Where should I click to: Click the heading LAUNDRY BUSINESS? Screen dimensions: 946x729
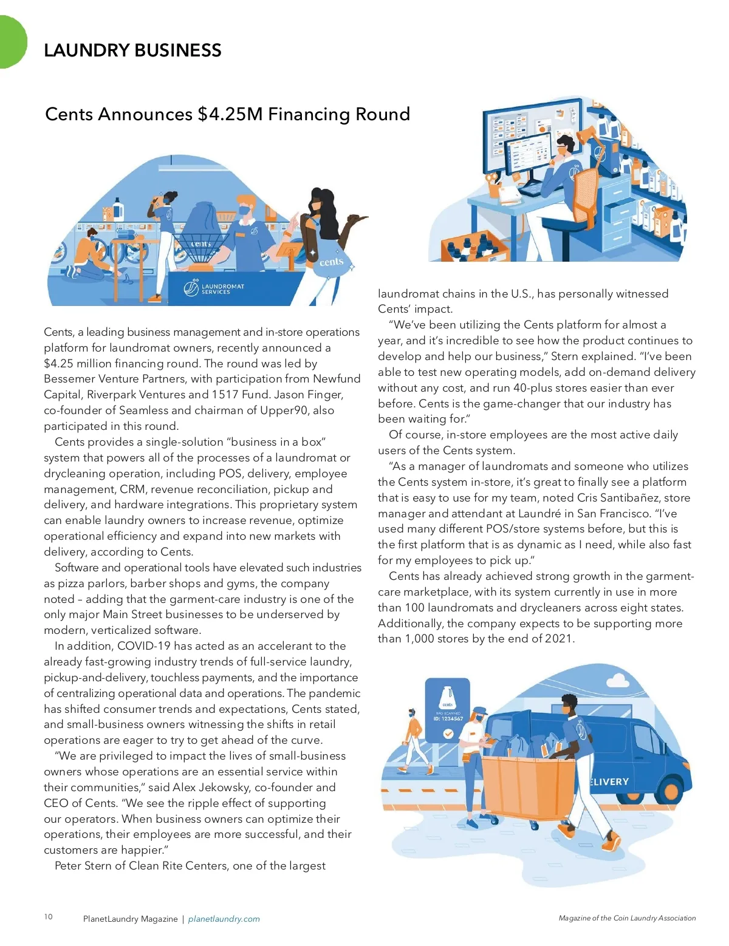click(x=132, y=50)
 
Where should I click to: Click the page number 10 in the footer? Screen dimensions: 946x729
click(x=49, y=917)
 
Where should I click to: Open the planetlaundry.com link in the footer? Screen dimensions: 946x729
click(x=224, y=919)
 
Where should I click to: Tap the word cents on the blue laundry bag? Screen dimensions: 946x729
click(x=332, y=262)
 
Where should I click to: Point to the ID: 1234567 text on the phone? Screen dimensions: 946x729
click(x=448, y=718)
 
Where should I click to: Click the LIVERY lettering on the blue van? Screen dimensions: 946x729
click(x=610, y=782)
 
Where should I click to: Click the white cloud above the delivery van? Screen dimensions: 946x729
click(x=617, y=680)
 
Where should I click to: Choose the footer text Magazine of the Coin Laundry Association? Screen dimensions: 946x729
click(x=627, y=918)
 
